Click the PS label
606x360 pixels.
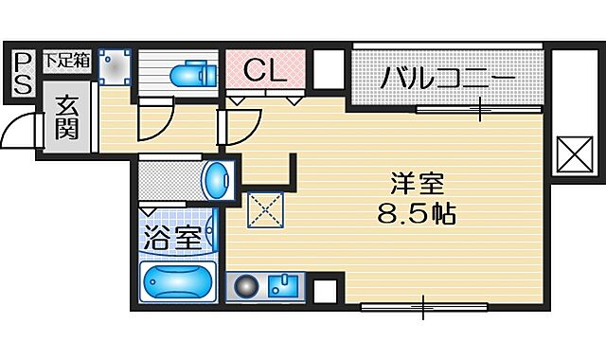pyautogui.click(x=23, y=72)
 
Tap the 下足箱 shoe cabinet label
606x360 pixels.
pyautogui.click(x=68, y=60)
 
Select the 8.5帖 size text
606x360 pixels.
pyautogui.click(x=415, y=214)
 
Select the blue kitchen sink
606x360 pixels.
pyautogui.click(x=281, y=284)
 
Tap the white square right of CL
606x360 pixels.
pyautogui.click(x=328, y=69)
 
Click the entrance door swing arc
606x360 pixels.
pyautogui.click(x=16, y=133)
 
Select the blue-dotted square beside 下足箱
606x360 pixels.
pyautogui.click(x=114, y=67)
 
